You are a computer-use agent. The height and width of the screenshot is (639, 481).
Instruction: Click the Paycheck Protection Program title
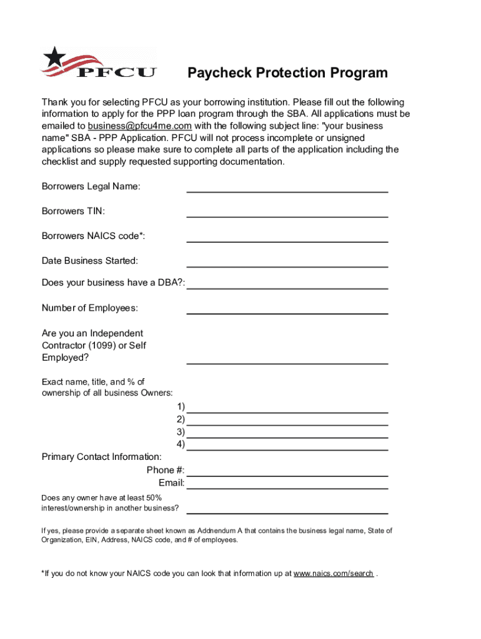pos(288,73)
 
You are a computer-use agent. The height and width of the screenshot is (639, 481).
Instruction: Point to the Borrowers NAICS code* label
pos(93,236)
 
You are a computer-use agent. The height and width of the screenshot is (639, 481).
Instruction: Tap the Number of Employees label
pos(90,308)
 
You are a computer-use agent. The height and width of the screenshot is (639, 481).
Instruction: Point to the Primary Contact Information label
pos(102,457)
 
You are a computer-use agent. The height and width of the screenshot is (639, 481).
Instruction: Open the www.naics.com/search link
pos(334,573)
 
